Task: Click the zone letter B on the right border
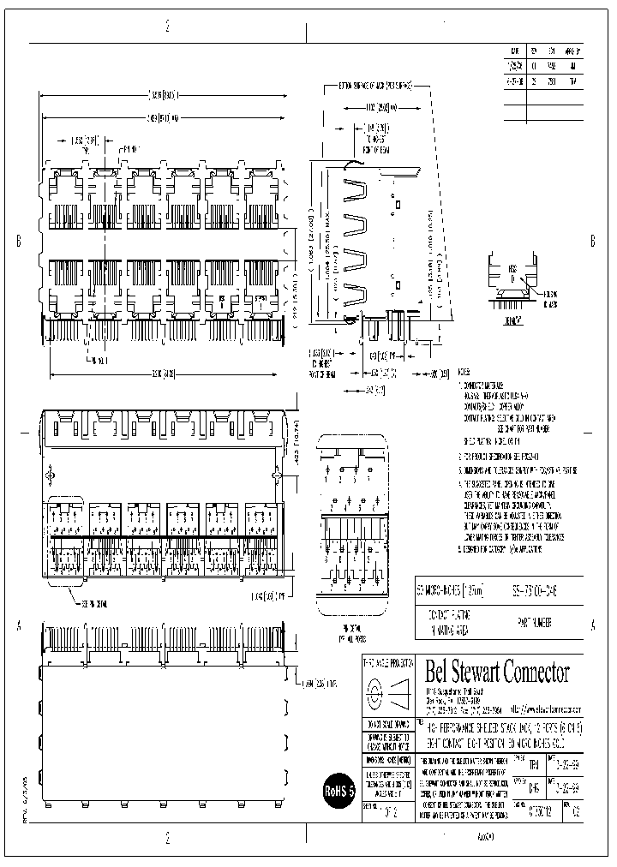point(592,242)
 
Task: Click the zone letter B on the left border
point(18,242)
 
